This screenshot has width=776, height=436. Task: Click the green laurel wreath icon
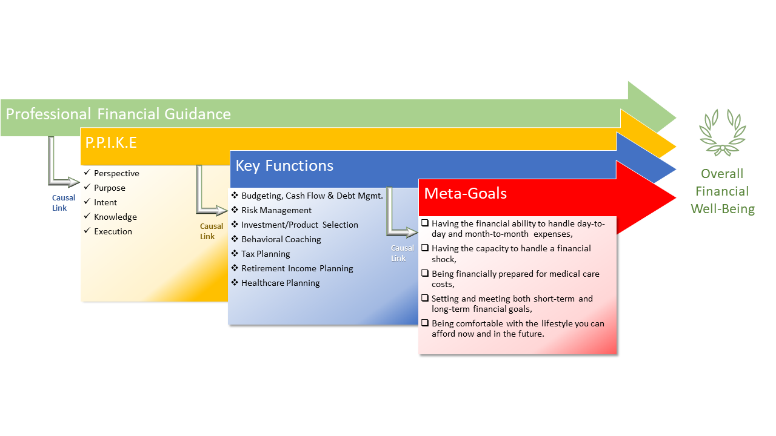click(x=721, y=133)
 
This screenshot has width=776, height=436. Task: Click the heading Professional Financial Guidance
click(x=118, y=114)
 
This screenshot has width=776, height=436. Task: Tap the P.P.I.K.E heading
click(x=111, y=143)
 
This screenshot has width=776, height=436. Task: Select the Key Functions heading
click(x=284, y=166)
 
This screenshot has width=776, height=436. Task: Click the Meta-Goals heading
click(x=465, y=193)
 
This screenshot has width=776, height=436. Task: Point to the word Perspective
click(x=116, y=173)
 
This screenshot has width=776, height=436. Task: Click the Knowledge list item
click(x=115, y=217)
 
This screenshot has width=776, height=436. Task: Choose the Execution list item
click(x=113, y=231)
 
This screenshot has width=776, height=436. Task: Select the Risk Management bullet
click(x=276, y=210)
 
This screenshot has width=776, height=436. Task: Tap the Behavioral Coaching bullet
click(x=281, y=239)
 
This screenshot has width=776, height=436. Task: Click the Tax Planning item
click(x=266, y=254)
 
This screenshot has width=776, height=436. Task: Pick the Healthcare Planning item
click(x=280, y=283)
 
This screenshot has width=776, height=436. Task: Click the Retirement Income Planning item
click(x=297, y=268)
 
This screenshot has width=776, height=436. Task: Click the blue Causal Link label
click(x=64, y=203)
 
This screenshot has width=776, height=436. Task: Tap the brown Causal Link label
click(x=212, y=231)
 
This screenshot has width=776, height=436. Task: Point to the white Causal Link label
click(x=402, y=253)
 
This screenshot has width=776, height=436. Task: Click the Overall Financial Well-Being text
click(x=722, y=191)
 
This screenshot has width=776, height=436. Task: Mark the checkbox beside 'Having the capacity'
click(x=425, y=248)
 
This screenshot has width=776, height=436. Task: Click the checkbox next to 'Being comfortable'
click(x=425, y=323)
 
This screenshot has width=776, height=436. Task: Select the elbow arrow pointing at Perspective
click(x=61, y=167)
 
